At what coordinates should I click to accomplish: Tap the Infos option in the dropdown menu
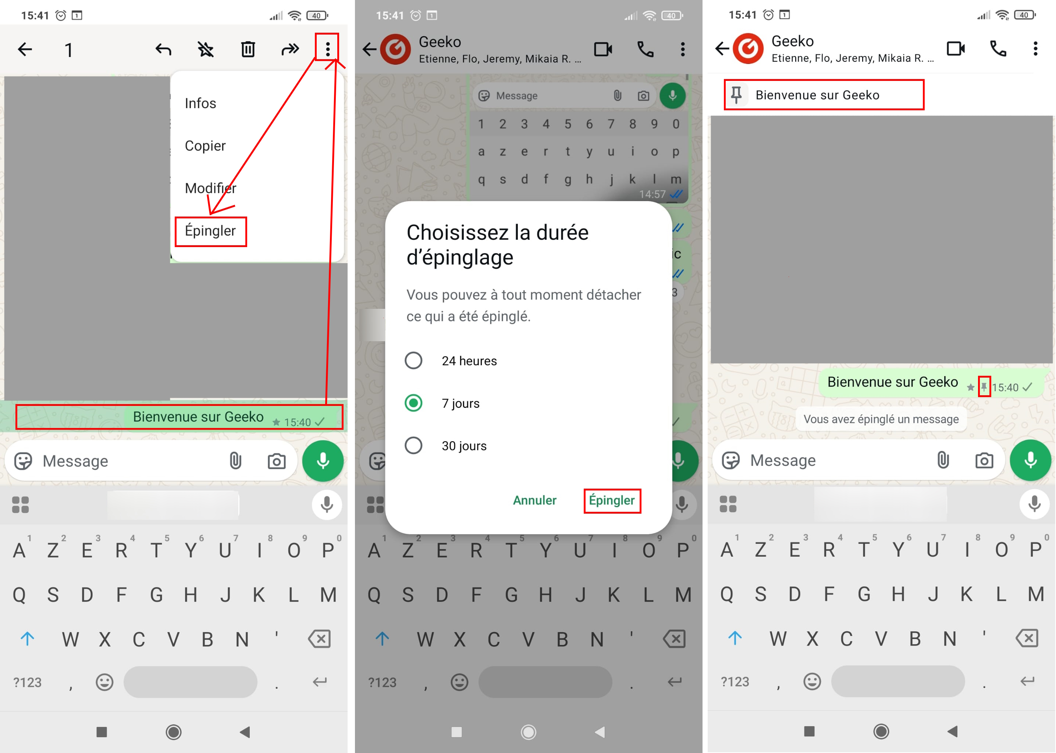[200, 103]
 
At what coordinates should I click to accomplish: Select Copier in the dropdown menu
[205, 146]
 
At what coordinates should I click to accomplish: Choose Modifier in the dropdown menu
[210, 188]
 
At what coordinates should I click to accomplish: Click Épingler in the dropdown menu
[210, 231]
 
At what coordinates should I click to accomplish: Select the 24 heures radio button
[413, 360]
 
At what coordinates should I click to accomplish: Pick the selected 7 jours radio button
[413, 403]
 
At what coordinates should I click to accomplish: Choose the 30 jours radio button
[413, 446]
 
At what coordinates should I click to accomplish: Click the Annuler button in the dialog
[534, 500]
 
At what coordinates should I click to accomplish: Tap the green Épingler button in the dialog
[612, 500]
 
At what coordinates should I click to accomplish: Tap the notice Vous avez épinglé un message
[881, 419]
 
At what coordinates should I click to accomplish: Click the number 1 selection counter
[69, 50]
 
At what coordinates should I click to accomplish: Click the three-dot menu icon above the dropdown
[327, 49]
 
